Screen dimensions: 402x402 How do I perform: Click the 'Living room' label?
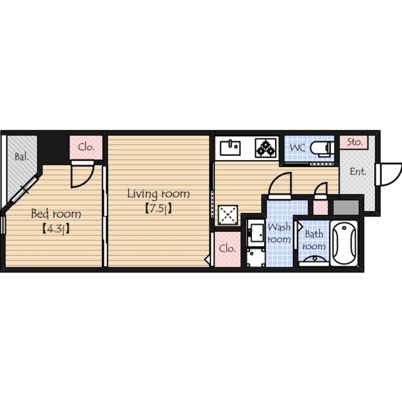[x=158, y=194]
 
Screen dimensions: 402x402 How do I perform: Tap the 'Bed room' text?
[x=56, y=213]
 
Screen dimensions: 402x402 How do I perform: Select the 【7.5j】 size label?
[x=158, y=209]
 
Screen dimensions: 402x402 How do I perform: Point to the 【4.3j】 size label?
[x=55, y=229]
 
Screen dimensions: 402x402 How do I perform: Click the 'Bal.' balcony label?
[x=22, y=157]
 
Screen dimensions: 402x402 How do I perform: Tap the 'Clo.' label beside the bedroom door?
[x=86, y=147]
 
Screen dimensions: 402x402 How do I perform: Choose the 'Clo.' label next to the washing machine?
[x=227, y=248]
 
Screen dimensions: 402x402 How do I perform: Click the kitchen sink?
[x=230, y=148]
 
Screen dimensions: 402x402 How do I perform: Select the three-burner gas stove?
[x=266, y=148]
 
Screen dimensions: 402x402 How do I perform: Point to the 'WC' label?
[x=297, y=148]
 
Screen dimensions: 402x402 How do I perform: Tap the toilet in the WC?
[x=322, y=148]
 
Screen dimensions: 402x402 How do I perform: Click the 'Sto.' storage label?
[x=355, y=142]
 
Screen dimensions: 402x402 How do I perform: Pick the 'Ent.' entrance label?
[x=358, y=172]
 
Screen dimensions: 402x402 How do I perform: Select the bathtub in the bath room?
[x=344, y=243]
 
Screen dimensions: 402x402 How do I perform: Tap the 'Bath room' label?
[x=314, y=240]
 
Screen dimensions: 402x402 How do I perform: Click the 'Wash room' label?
[x=279, y=233]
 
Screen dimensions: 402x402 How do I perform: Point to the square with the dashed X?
[x=228, y=215]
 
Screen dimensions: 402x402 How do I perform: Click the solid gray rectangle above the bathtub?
[x=346, y=208]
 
